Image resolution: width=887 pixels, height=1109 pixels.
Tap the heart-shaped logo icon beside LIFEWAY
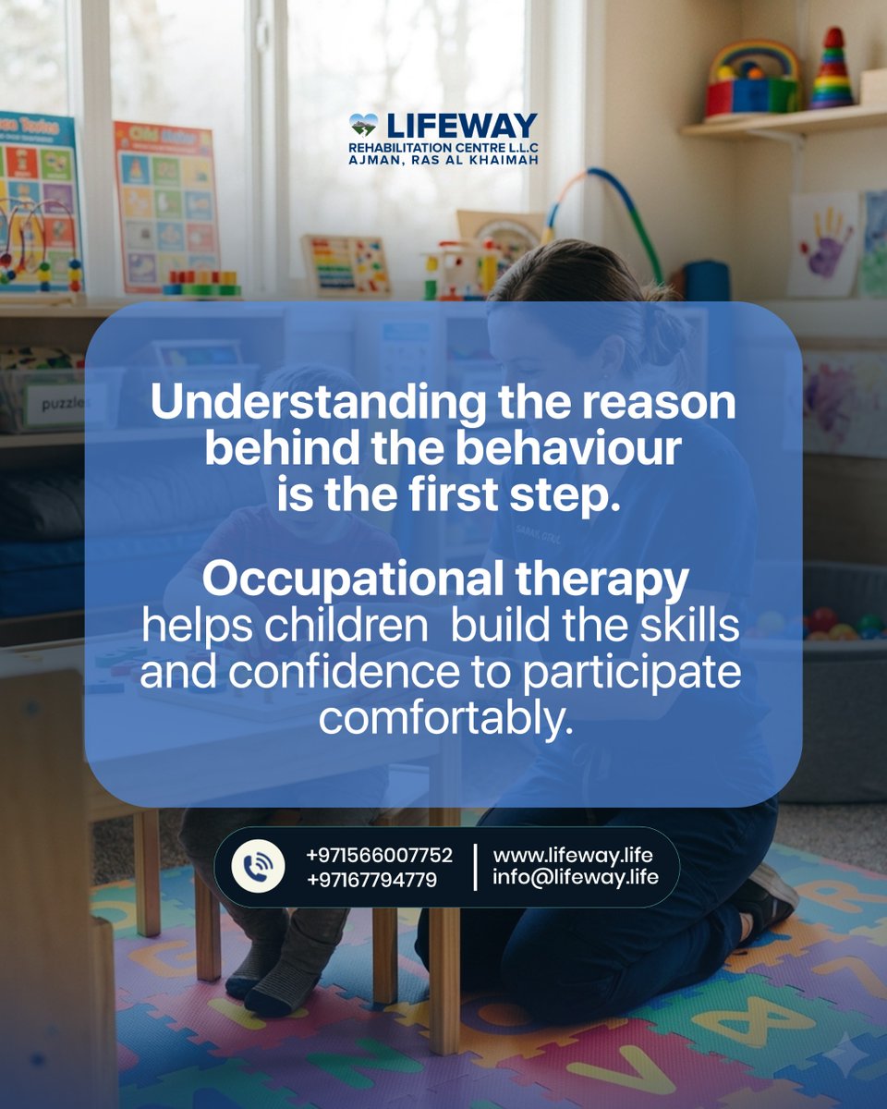tap(363, 125)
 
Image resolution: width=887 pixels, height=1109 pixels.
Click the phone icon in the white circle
tap(258, 866)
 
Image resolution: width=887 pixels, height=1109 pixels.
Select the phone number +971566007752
tap(379, 855)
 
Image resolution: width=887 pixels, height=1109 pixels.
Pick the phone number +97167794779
tap(371, 879)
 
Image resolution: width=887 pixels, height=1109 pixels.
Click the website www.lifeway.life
tap(573, 855)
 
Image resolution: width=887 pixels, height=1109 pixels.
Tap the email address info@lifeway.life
tap(576, 877)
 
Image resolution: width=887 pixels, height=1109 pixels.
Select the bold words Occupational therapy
tap(445, 579)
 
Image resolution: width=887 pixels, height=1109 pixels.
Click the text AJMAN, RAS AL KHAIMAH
tap(443, 159)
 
